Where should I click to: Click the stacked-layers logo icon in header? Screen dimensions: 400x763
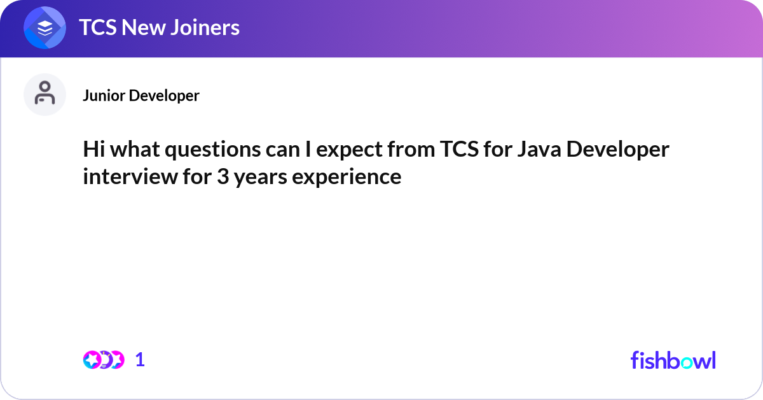[x=45, y=28]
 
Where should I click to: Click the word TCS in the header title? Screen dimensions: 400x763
[x=98, y=27]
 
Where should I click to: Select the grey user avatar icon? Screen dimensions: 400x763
[x=45, y=95]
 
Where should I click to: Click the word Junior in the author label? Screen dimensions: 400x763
[x=104, y=96]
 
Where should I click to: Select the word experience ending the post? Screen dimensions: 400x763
[x=347, y=176]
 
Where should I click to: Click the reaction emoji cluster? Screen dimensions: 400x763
[x=103, y=360]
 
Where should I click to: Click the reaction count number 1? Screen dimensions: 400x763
[x=141, y=360]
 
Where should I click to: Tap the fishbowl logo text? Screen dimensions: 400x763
[x=673, y=360]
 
